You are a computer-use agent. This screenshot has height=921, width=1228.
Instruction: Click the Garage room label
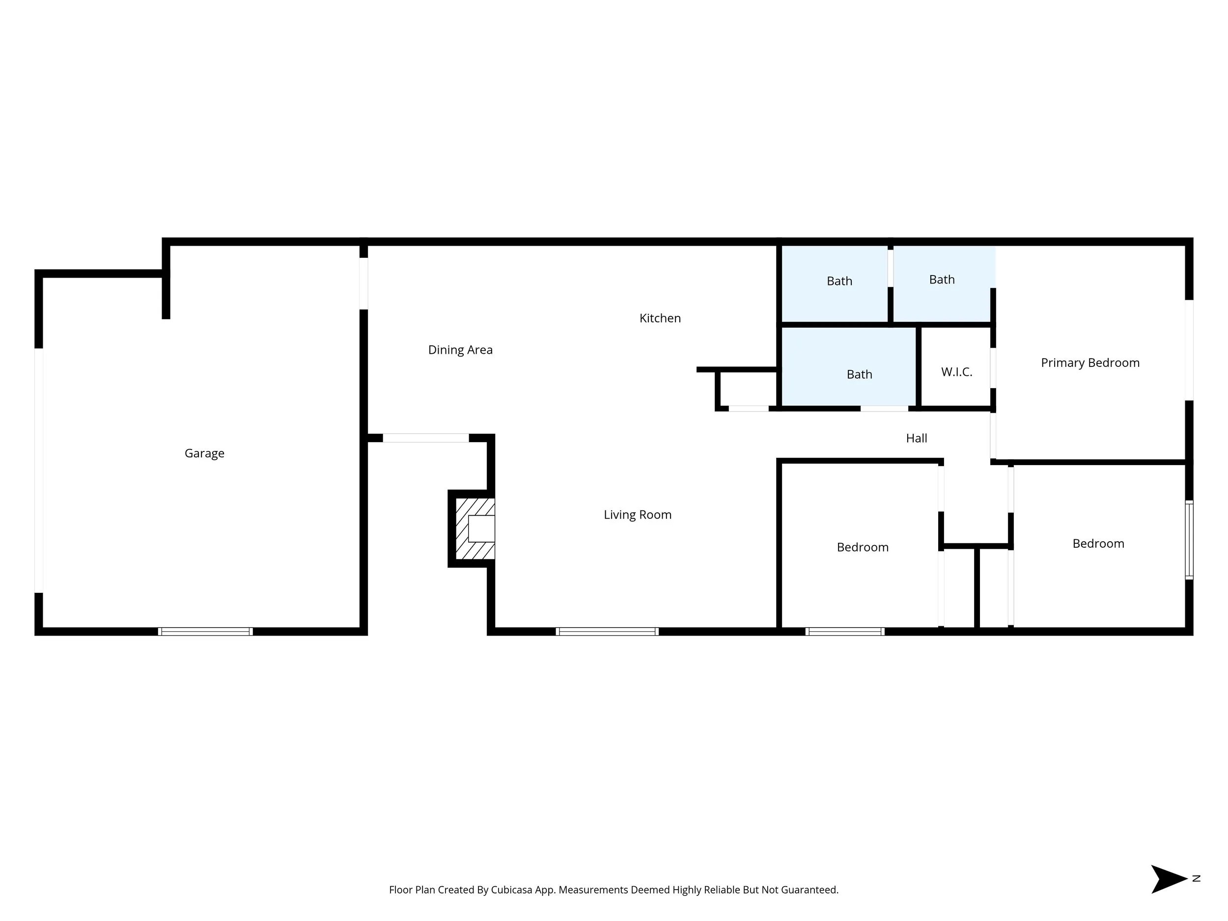204,453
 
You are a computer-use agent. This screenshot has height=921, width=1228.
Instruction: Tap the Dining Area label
460,350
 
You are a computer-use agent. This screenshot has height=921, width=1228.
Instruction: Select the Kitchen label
660,318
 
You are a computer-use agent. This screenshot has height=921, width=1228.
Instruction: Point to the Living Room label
637,515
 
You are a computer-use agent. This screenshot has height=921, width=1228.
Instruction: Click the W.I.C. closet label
956,372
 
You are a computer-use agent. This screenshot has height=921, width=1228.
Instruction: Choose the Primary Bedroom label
1090,363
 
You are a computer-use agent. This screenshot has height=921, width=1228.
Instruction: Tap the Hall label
916,438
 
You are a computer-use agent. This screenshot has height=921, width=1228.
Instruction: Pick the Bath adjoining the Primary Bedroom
942,279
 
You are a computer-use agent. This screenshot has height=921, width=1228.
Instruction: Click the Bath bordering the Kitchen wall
839,281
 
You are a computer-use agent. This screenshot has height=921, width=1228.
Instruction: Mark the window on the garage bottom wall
205,631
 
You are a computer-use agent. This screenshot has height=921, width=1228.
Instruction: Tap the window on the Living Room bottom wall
607,631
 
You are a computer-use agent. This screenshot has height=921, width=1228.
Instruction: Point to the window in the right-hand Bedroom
1189,540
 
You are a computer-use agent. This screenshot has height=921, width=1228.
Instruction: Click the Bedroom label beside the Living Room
862,547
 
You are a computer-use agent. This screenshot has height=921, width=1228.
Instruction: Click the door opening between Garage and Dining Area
363,283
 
